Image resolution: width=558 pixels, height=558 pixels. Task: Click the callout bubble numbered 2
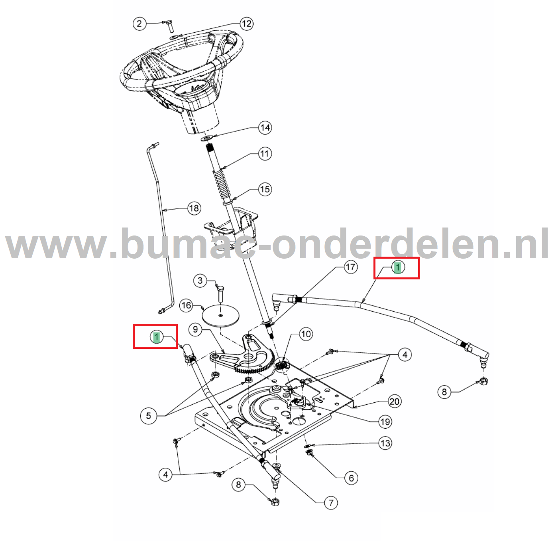139,24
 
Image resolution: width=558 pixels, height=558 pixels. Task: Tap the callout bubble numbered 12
246,24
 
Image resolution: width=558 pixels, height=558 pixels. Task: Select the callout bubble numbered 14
265,128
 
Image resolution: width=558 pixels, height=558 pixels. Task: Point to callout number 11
265,154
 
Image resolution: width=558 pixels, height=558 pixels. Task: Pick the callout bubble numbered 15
265,189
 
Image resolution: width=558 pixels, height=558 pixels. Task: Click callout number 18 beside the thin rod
194,208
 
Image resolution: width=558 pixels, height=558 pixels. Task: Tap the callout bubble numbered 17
350,267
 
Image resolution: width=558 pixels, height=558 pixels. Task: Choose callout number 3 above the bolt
200,281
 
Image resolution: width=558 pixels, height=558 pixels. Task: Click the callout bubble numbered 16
186,306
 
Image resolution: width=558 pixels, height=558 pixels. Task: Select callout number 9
195,330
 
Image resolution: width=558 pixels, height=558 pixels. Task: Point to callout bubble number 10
306,334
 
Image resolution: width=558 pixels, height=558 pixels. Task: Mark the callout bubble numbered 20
394,401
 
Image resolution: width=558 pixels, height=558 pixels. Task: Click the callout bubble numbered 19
385,421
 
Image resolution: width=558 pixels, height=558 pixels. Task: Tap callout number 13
385,443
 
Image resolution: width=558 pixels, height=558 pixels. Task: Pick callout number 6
351,478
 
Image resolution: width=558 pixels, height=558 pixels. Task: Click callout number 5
148,416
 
